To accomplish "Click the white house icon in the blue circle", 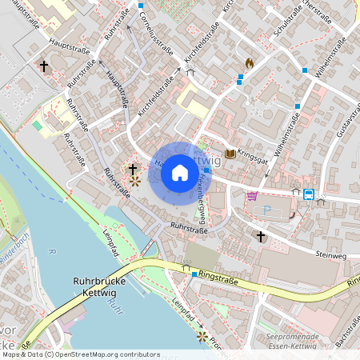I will click(179, 172).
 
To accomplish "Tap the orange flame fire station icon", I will click(250, 62).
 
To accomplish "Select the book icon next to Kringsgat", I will click(231, 153).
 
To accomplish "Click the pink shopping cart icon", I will click(253, 196).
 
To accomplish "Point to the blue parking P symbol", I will click(267, 210).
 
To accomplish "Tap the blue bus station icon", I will click(308, 194).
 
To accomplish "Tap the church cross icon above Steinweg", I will click(260, 236).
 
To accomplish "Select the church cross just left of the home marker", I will click(132, 170).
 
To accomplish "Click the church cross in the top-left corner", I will click(43, 66).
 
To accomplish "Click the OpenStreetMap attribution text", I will click(80, 354).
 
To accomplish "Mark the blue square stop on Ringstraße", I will click(194, 274).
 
